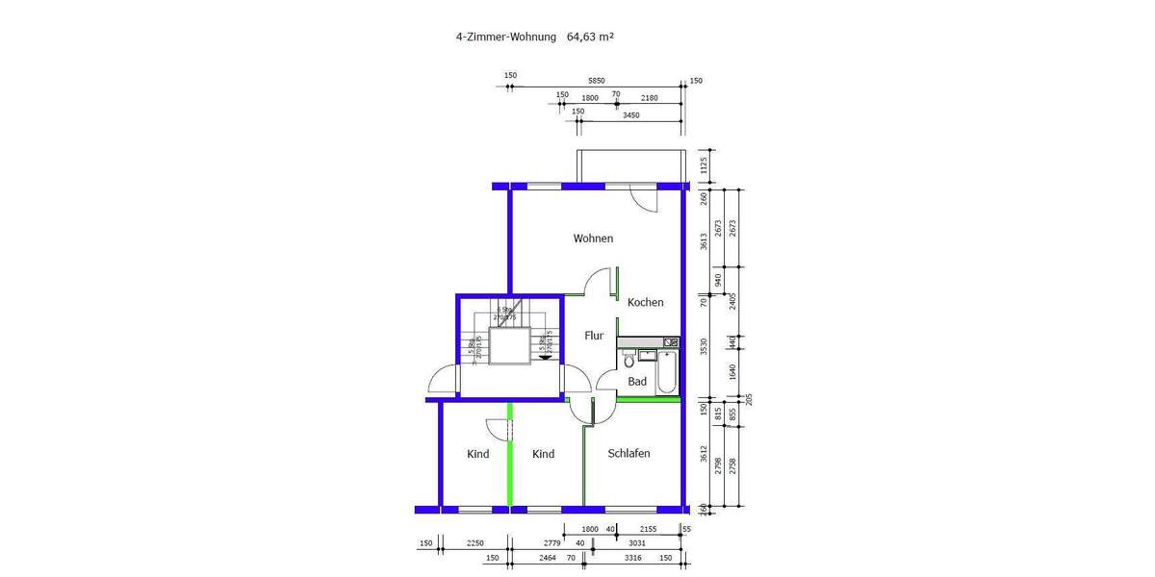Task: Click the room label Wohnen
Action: click(x=593, y=238)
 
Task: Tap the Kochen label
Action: click(x=645, y=302)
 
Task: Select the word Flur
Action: click(x=594, y=336)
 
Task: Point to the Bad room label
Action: click(x=637, y=382)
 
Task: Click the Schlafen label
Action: click(x=629, y=454)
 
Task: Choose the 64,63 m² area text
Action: click(x=590, y=38)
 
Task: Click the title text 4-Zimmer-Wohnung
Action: click(x=506, y=38)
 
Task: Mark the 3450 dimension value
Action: click(x=630, y=115)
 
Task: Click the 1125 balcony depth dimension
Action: click(x=704, y=165)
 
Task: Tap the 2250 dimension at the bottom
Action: click(x=475, y=544)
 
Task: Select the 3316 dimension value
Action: click(x=632, y=558)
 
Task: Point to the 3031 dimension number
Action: click(x=638, y=544)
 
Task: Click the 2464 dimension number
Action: click(x=547, y=558)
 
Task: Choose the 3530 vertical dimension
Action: click(x=704, y=346)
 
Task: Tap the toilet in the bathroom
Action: click(x=629, y=361)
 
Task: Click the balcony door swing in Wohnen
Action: click(x=642, y=196)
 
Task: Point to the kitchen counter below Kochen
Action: click(x=648, y=342)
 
